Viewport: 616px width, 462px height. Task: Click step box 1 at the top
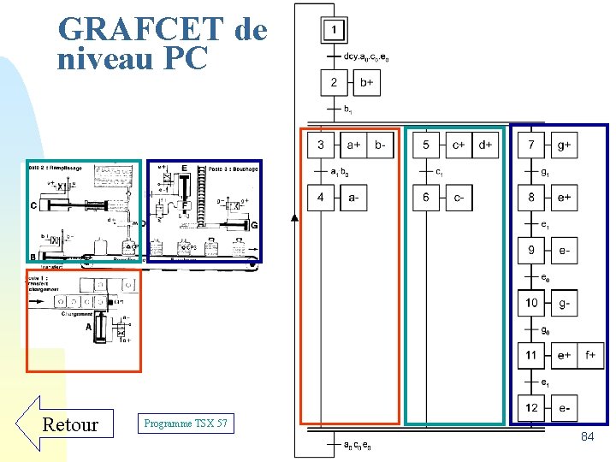[334, 32]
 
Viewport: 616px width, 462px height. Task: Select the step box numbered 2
[334, 83]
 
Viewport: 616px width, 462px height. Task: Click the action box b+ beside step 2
[366, 83]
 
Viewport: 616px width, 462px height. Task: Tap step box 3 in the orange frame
[322, 145]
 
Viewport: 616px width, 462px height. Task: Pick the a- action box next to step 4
[355, 198]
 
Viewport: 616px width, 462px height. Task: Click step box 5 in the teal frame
[427, 145]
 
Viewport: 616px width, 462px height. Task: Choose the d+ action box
[485, 145]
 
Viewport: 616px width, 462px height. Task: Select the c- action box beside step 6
[459, 198]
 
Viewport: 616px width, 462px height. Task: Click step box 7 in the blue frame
[531, 145]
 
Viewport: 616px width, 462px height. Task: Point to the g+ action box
[564, 145]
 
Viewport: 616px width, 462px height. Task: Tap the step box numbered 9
[531, 252]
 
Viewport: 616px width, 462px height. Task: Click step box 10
[531, 304]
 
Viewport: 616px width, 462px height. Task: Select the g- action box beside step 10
[564, 304]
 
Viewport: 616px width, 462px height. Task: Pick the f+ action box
[590, 355]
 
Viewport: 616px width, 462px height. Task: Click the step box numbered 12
[531, 407]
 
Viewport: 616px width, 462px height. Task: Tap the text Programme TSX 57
[186, 423]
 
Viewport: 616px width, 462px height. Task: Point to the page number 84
[587, 437]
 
